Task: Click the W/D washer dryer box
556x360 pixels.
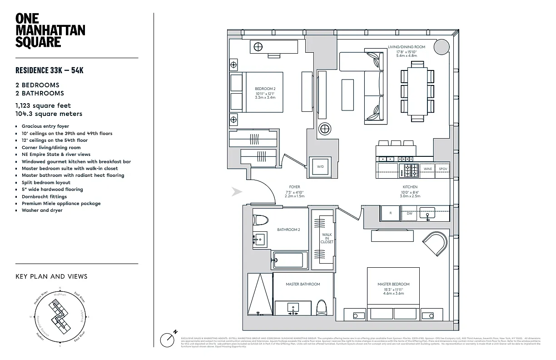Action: tap(320, 167)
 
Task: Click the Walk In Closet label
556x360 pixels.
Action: tap(327, 239)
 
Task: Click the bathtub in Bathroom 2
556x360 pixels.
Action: tap(289, 260)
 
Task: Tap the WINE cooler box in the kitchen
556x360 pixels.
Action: tap(427, 169)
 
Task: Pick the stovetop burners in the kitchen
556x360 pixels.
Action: tap(410, 170)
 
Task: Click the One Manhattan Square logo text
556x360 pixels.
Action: tap(50, 30)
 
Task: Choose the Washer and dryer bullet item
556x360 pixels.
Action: tap(42, 210)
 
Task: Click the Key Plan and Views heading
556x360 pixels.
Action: tap(51, 276)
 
